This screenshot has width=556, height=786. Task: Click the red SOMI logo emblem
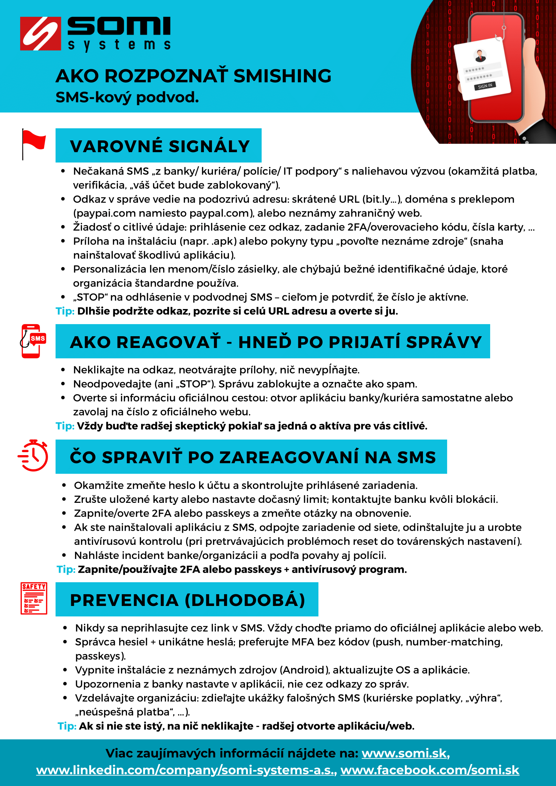[x=40, y=34]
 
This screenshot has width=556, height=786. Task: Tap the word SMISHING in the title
[x=283, y=76]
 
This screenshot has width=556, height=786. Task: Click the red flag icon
[x=33, y=144]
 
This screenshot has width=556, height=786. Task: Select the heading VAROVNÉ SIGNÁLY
[x=160, y=146]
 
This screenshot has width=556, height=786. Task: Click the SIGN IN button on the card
[x=485, y=86]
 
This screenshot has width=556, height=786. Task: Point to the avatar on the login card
[x=480, y=55]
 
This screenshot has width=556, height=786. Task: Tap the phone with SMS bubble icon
[x=33, y=341]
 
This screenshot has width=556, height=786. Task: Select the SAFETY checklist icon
[x=34, y=598]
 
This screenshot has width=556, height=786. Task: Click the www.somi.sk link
[x=404, y=753]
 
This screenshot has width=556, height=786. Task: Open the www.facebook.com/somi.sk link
[x=430, y=770]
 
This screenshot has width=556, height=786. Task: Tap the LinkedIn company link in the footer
[x=186, y=770]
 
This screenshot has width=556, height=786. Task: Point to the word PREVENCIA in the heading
[x=124, y=600]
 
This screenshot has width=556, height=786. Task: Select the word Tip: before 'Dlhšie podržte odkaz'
[x=65, y=311]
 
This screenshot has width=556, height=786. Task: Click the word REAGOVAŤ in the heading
[x=168, y=342]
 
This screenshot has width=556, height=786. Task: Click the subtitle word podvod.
[x=167, y=97]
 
